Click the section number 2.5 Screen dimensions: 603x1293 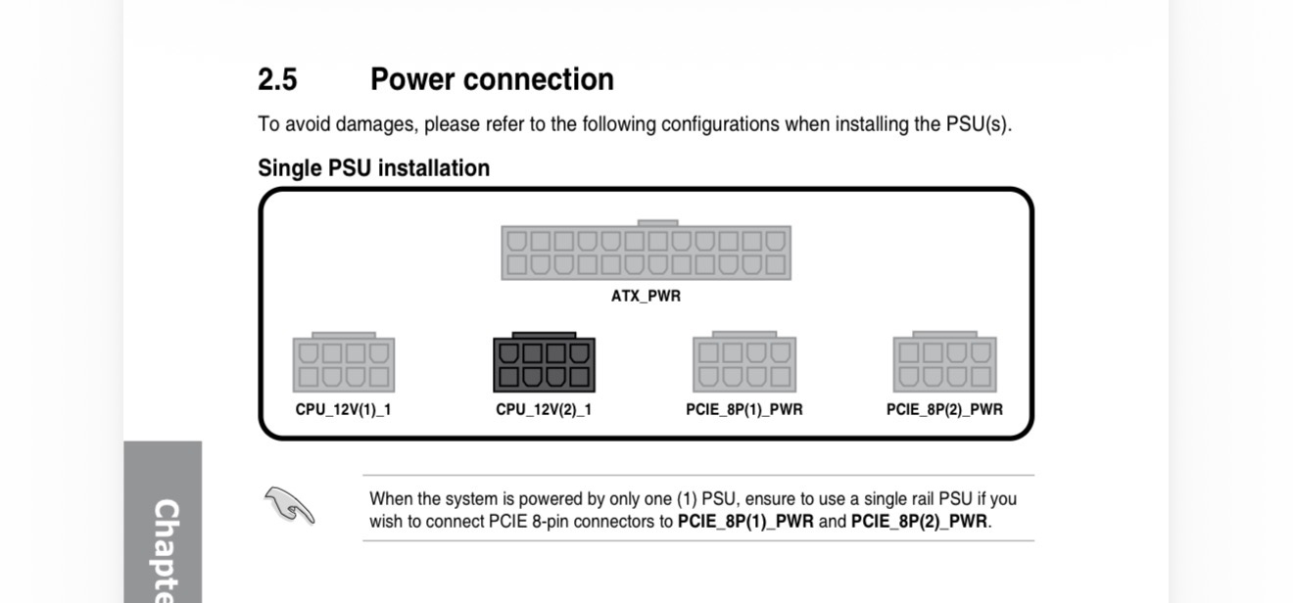277,79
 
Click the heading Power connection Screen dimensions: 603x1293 492,79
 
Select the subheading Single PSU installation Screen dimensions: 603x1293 373,168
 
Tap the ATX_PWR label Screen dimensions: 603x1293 646,296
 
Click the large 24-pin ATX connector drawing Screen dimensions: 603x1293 646,253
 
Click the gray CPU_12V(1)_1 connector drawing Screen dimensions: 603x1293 344,365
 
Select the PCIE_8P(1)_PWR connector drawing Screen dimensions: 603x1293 744,365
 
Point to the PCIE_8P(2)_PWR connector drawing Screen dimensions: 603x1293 944,365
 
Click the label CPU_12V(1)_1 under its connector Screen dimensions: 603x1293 344,409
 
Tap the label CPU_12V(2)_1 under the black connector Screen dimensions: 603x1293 544,409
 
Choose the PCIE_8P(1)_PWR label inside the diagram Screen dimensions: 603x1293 744,409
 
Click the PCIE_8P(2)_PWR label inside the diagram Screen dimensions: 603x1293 944,409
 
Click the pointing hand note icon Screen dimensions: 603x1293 290,505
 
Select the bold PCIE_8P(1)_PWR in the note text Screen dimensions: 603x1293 745,521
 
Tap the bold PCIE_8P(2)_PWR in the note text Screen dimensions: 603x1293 919,521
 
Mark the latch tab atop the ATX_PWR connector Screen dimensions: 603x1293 657,223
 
